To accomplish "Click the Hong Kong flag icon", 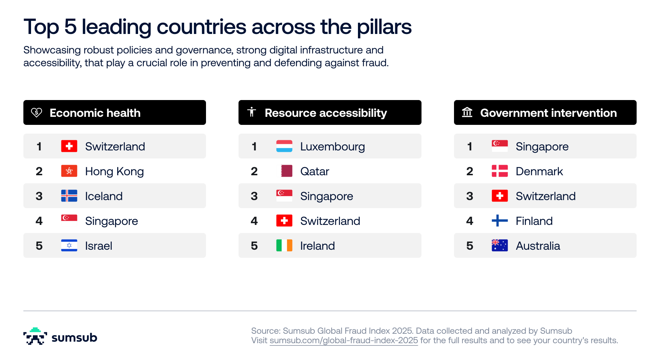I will coord(69,171).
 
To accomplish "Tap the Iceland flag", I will coord(69,196).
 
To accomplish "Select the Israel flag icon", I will coord(69,246).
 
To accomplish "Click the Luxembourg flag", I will coord(284,146).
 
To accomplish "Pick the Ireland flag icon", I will coord(284,246).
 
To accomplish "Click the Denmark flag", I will coord(500,171).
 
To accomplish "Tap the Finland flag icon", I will coord(500,221).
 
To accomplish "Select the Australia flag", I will coord(500,246).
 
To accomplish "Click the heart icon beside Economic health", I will coord(37,112).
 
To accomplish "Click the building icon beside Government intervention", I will coord(467,112).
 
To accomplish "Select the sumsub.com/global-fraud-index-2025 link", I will coord(344,341).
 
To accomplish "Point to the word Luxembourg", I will coord(332,147).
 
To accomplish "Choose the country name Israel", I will coord(99,246).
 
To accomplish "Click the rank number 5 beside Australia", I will coord(470,246).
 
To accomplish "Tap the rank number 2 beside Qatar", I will coord(254,172).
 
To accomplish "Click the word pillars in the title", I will coord(384,27).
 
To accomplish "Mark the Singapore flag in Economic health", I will coord(69,218).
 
